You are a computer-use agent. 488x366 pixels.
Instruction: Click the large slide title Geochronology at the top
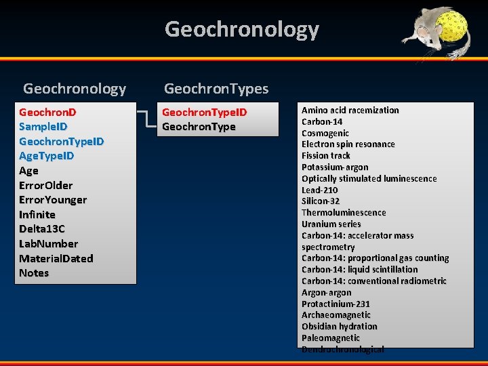[241, 29]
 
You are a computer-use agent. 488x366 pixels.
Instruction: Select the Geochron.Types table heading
[216, 89]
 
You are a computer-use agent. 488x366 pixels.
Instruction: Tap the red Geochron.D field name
[47, 111]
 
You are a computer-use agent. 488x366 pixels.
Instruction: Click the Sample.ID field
[43, 126]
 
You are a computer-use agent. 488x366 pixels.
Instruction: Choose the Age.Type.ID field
[47, 156]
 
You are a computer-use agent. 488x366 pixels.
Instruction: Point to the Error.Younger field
[53, 200]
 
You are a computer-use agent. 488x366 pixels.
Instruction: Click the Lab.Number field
[49, 244]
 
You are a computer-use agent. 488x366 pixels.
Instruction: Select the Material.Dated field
[56, 258]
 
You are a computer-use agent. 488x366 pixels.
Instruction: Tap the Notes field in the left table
[34, 273]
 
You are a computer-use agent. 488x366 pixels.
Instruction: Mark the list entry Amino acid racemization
[350, 110]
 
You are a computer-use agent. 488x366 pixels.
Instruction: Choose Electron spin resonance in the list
[348, 144]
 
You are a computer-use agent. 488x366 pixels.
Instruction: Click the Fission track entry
[326, 156]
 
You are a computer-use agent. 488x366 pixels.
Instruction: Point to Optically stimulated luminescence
[369, 179]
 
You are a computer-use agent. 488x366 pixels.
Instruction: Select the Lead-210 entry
[320, 190]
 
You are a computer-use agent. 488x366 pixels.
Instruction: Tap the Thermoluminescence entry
[344, 213]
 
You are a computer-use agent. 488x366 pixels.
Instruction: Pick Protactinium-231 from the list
[336, 304]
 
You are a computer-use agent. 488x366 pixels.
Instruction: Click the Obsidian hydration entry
[339, 327]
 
